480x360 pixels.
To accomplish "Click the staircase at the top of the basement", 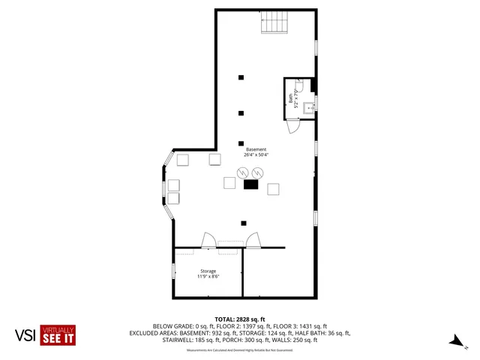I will [274, 25].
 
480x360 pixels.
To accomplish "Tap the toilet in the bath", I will [298, 87].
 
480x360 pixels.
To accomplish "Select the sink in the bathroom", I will [312, 108].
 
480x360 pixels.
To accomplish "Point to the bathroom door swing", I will [295, 126].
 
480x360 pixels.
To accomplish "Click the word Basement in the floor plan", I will [256, 149].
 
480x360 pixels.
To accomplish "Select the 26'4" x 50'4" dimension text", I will [256, 155].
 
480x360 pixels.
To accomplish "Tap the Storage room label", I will [208, 271].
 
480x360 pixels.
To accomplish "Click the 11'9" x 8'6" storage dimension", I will [208, 277].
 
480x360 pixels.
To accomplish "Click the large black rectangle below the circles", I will [250, 184].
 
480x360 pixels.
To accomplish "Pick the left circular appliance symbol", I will [242, 173].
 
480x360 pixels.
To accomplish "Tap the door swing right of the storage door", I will [254, 240].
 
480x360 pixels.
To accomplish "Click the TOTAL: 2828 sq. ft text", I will [240, 319].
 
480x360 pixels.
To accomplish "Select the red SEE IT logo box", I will [58, 334].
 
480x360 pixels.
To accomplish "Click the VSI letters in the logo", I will [25, 335].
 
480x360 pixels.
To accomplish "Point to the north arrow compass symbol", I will [454, 341].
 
